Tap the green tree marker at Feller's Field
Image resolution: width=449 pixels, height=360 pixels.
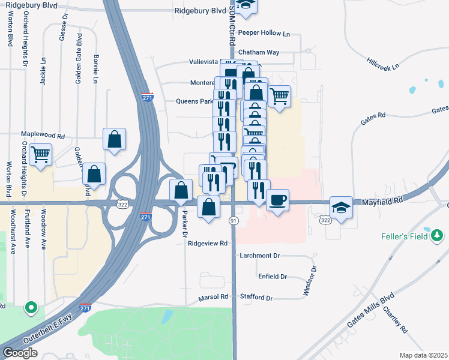click(437, 234)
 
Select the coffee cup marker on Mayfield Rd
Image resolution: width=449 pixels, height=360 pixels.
click(277, 200)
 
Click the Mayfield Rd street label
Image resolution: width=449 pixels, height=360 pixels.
click(382, 204)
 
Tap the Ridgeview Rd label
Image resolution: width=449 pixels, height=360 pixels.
click(208, 244)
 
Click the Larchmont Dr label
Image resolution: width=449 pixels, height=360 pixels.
click(260, 256)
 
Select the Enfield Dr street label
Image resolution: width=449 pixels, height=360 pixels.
click(273, 277)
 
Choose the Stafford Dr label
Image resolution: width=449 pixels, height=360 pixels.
click(256, 298)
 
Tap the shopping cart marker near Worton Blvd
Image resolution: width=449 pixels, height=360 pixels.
click(41, 155)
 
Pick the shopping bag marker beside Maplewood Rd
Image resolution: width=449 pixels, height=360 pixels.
click(114, 140)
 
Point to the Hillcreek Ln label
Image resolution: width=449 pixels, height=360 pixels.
click(383, 63)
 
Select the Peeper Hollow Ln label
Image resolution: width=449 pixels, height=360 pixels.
click(264, 33)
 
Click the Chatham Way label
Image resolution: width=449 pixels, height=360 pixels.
click(259, 52)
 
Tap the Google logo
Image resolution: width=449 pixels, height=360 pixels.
click(20, 353)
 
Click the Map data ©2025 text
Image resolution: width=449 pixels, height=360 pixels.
click(424, 355)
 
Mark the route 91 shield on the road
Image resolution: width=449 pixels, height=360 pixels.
click(234, 221)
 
